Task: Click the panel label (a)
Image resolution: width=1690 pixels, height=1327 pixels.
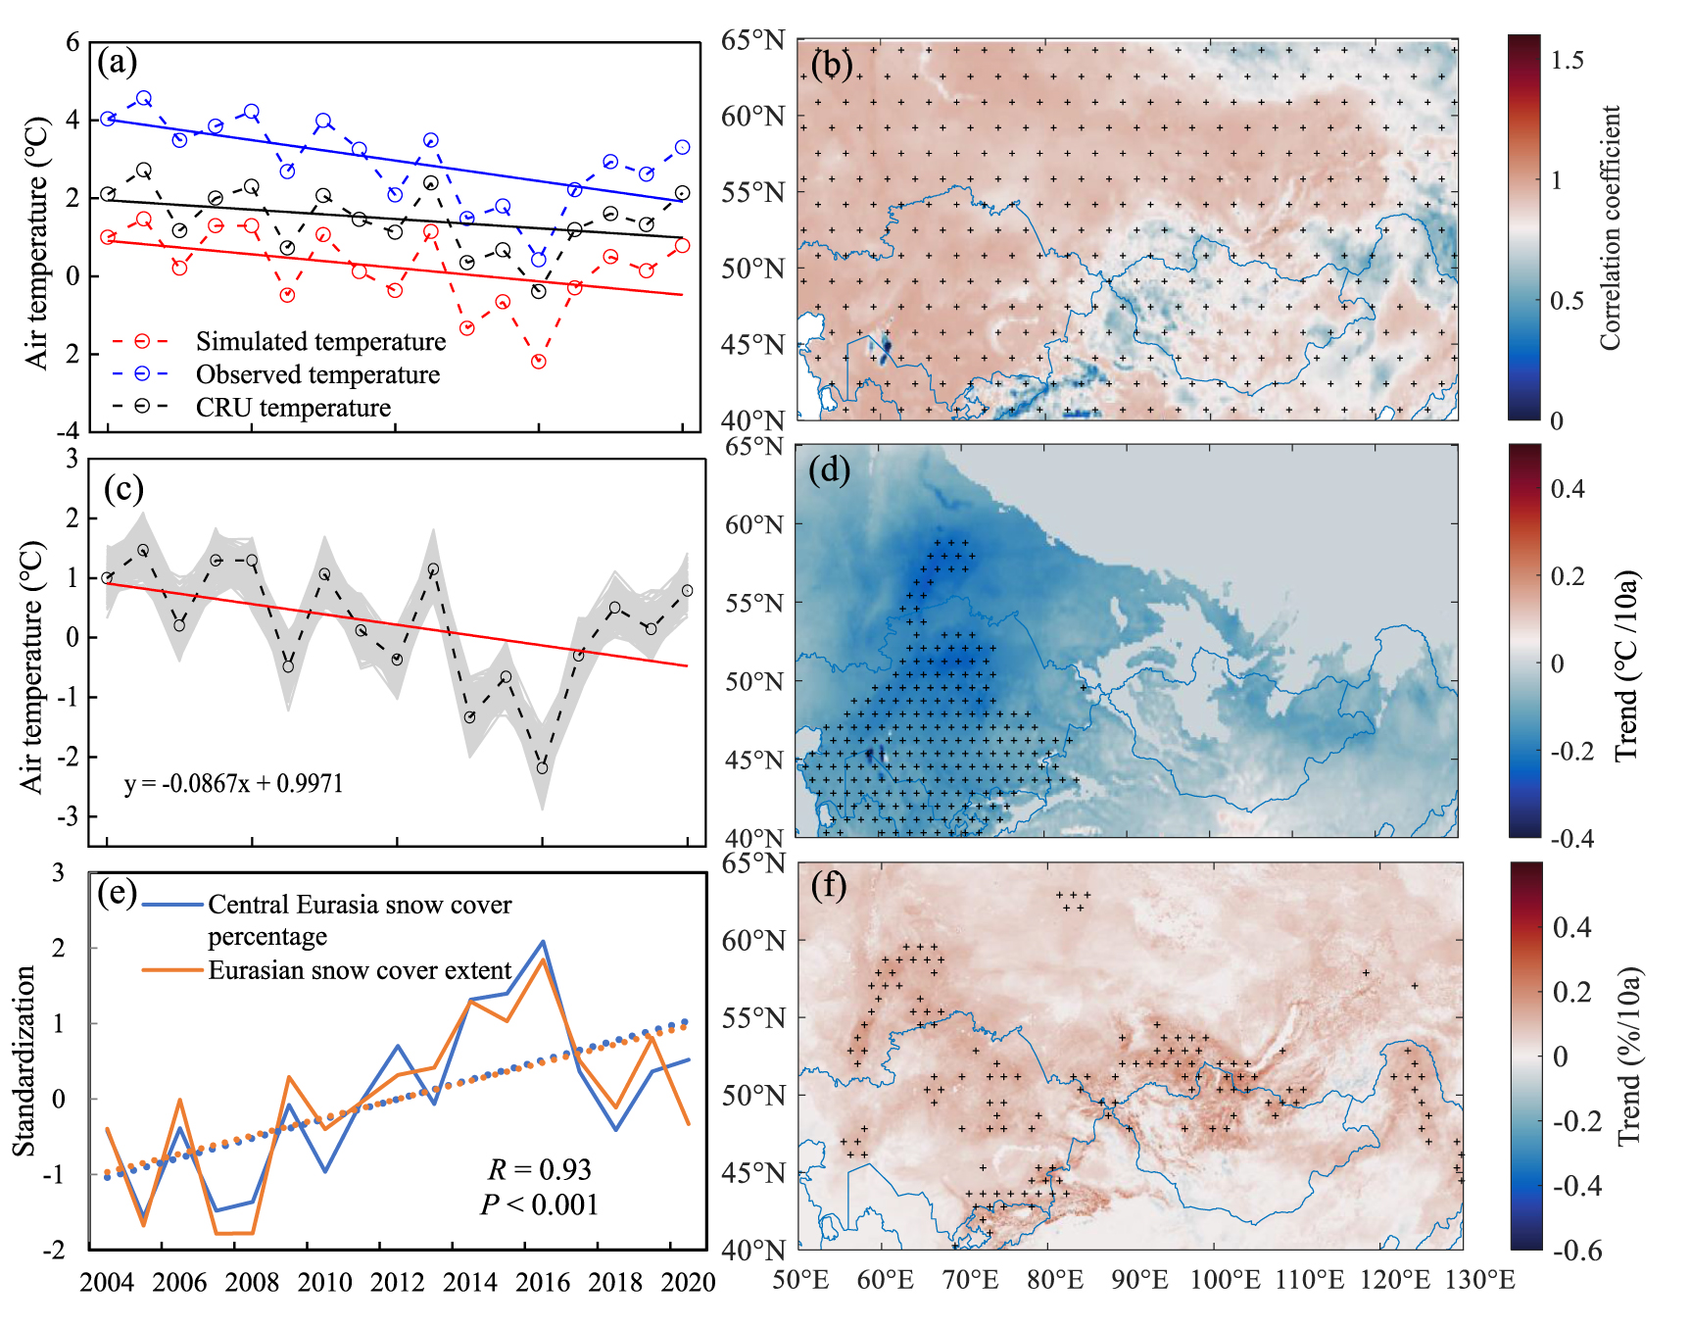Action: (118, 63)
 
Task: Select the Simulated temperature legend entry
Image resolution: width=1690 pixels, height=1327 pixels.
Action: (320, 341)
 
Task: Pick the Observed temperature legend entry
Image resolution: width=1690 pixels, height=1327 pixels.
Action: (317, 374)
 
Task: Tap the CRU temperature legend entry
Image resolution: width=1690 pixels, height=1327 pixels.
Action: (293, 408)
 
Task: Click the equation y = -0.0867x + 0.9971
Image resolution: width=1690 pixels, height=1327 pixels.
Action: (233, 783)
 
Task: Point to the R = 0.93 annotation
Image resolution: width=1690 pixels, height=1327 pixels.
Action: (540, 1169)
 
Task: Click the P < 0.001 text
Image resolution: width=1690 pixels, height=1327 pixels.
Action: (540, 1204)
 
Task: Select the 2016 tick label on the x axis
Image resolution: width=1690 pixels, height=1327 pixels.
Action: (543, 1282)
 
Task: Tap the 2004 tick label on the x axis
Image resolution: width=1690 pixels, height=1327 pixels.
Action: (108, 1282)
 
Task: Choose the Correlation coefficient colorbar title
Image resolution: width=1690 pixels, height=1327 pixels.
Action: (1611, 227)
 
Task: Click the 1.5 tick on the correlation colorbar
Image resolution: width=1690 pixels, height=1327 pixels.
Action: (1567, 61)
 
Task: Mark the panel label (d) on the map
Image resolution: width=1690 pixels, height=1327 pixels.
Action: (830, 470)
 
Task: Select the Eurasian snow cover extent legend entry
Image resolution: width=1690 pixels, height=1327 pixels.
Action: (360, 970)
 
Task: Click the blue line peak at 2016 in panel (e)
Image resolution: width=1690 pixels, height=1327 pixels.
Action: (543, 942)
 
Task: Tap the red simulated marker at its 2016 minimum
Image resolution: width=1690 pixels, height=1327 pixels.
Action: (538, 362)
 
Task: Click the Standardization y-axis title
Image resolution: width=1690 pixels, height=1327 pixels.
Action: (24, 1060)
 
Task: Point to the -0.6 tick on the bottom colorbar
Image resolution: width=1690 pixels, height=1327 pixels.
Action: (1577, 1250)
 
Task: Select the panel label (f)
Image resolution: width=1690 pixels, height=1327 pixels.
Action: (830, 886)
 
